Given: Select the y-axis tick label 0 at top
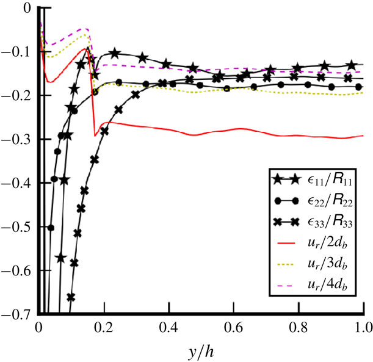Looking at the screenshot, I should coord(25,9).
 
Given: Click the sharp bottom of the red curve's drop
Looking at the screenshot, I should coord(95,135).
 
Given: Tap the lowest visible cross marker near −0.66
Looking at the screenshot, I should coord(71,297).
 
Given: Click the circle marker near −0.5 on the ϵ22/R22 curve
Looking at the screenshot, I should coord(51,228).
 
